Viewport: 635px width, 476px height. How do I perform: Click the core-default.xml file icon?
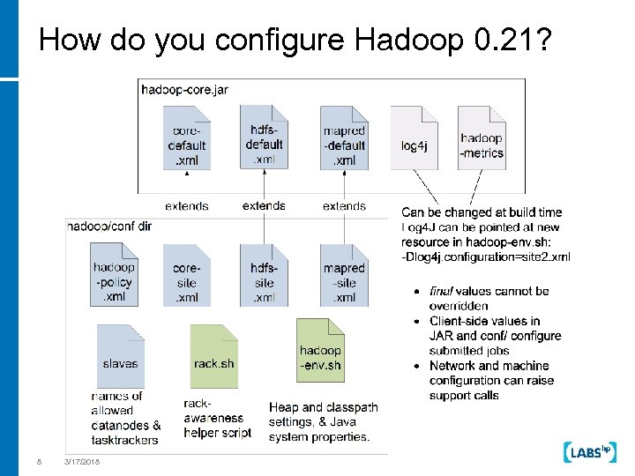[187, 138]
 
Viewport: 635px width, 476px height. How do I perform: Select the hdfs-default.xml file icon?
[264, 137]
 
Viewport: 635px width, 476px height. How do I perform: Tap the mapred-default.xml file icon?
[344, 138]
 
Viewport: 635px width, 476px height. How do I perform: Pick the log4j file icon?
[414, 138]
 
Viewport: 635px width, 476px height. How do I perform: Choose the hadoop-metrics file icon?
[482, 138]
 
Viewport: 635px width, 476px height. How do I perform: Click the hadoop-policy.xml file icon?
[115, 274]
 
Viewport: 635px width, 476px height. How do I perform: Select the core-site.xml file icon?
[186, 274]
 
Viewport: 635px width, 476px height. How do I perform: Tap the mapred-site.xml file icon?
[344, 274]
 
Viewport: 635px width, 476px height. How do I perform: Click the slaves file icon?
[120, 356]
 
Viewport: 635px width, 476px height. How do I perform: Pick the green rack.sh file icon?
[213, 356]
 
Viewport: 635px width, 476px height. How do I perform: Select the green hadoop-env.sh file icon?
[320, 351]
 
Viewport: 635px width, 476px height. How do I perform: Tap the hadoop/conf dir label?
[109, 227]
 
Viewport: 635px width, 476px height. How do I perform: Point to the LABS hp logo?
[587, 452]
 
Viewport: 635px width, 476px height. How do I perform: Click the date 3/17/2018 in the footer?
[82, 462]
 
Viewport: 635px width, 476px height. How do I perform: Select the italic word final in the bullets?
[441, 291]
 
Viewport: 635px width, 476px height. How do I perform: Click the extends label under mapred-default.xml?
[344, 205]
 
